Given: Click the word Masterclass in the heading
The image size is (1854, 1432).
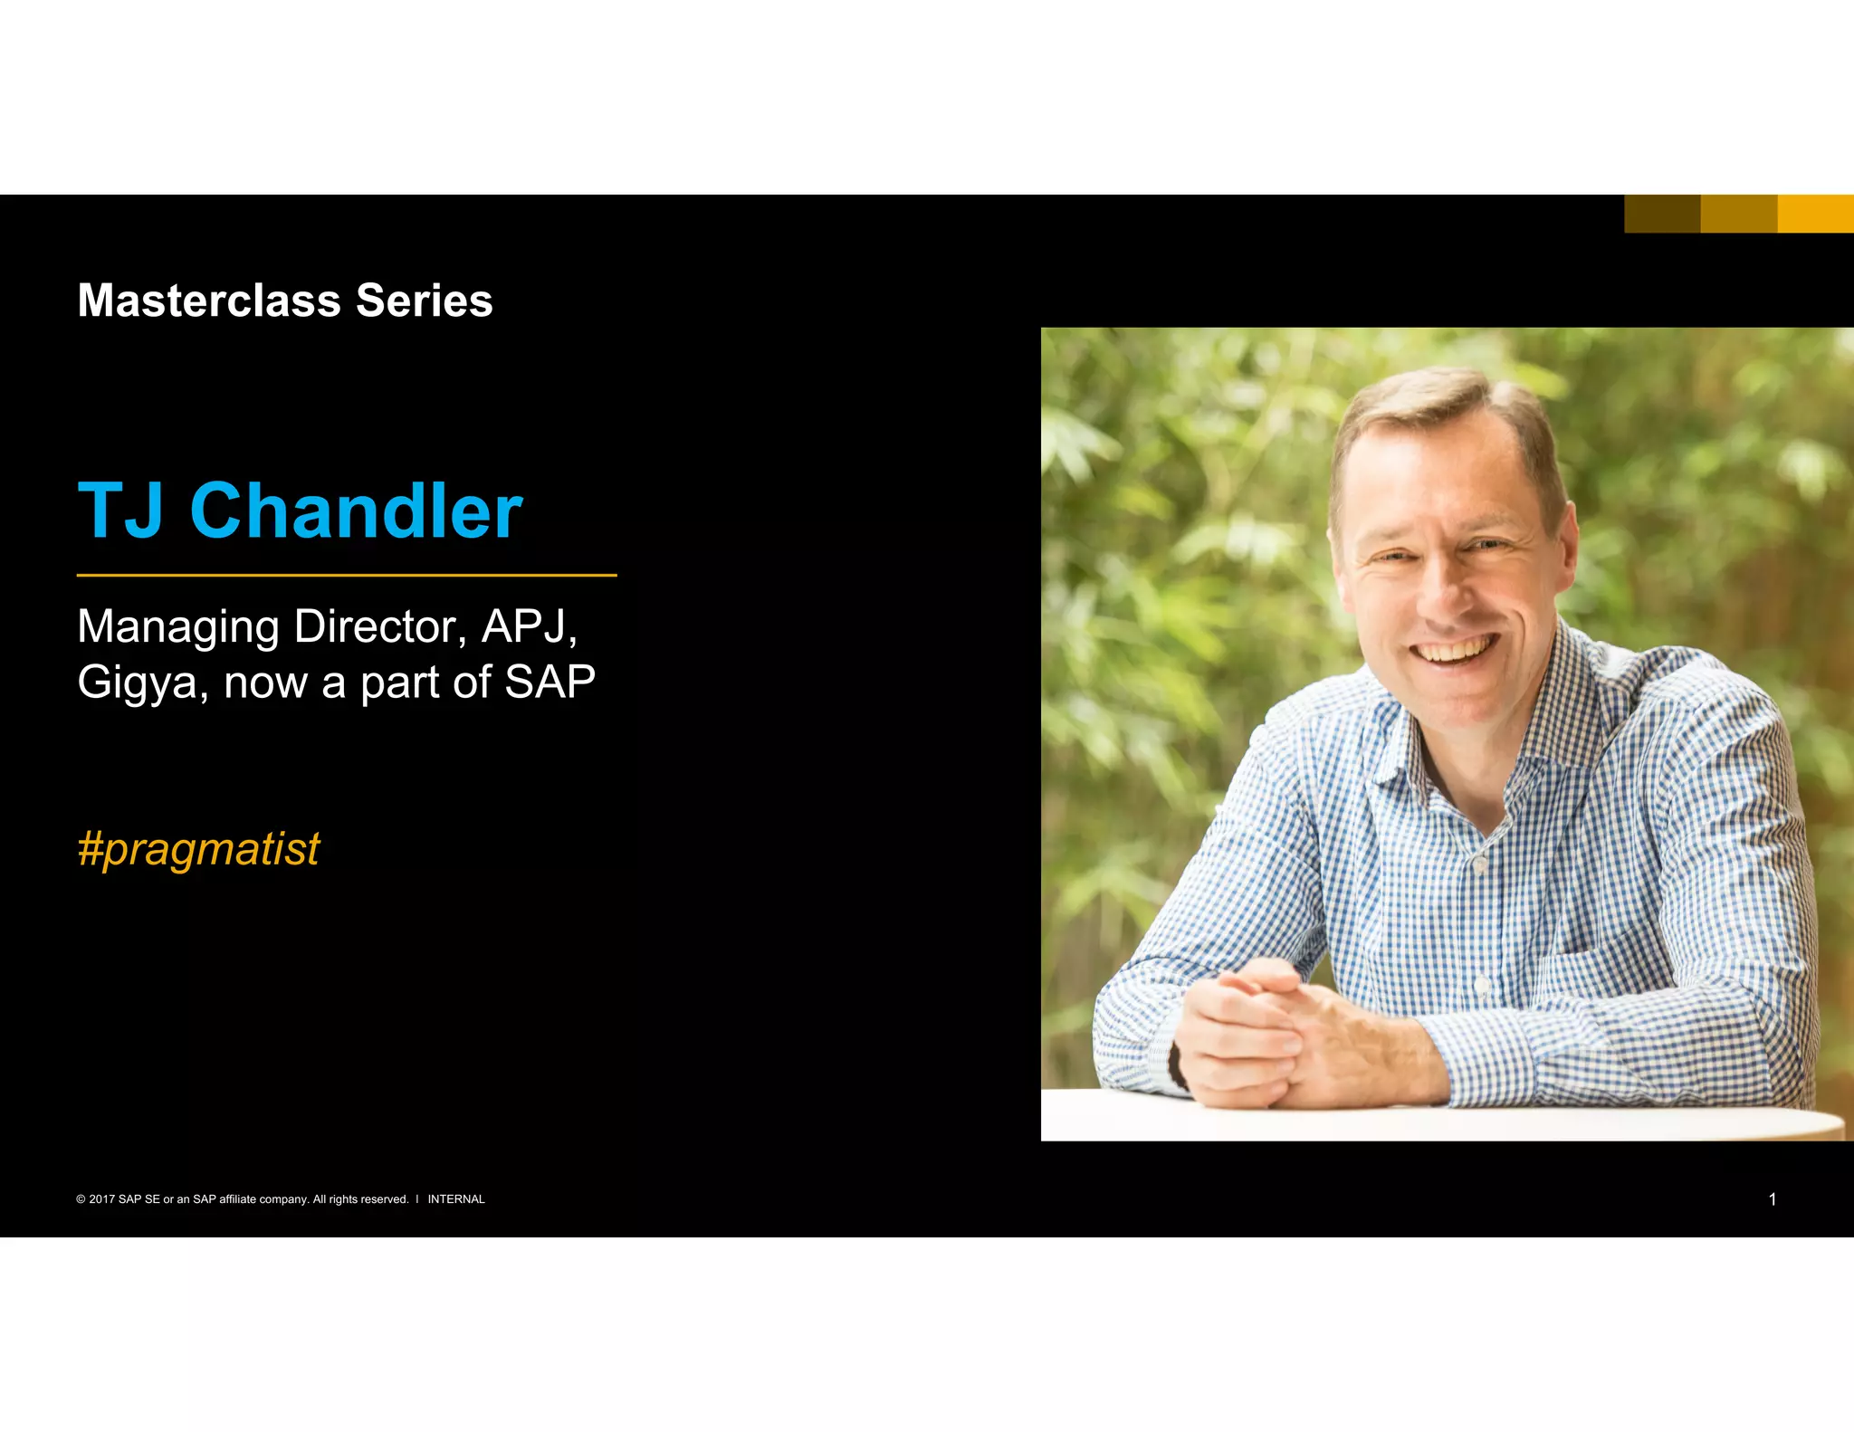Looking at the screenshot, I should (x=209, y=301).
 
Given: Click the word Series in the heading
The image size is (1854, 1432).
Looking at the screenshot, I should (x=424, y=301).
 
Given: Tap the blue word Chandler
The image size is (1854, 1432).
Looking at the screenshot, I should (x=356, y=511).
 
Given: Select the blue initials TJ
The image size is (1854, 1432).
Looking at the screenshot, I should (x=121, y=511).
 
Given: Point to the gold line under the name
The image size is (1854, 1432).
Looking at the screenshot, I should (x=347, y=575).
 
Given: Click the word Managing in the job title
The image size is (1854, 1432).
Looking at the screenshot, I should (x=178, y=627).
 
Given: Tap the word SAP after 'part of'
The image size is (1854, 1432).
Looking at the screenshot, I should (x=550, y=682).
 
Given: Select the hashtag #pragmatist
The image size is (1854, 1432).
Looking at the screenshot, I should (x=198, y=849).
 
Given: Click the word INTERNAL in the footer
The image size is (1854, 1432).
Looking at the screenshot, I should (x=456, y=1199).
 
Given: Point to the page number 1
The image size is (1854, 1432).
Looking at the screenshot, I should (x=1772, y=1199).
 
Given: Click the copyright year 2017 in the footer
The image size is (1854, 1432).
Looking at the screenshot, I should (x=101, y=1199).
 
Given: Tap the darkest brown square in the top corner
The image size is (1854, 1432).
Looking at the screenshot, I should (x=1662, y=214).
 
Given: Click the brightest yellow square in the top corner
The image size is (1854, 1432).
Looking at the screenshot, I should (x=1815, y=214).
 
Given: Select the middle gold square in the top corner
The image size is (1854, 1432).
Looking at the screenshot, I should (x=1738, y=214).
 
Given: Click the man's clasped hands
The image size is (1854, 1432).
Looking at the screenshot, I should (x=1267, y=1032).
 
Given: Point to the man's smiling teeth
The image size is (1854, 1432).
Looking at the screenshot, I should (x=1454, y=651).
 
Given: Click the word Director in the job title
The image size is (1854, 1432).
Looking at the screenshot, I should (x=380, y=626).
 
